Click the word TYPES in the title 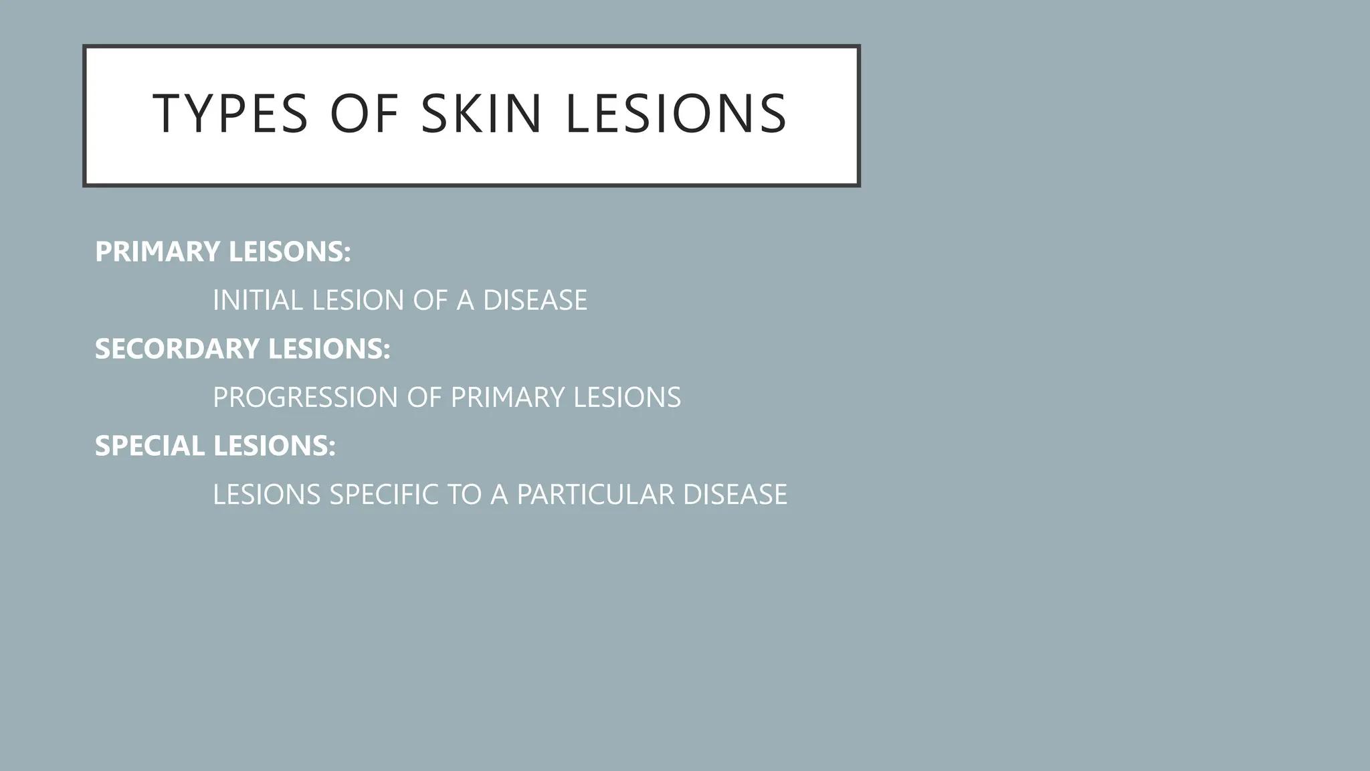[230, 114]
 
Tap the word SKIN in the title [481, 114]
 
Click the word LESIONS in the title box [676, 114]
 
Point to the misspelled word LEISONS [289, 252]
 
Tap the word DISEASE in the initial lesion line [534, 301]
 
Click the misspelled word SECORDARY [177, 349]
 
